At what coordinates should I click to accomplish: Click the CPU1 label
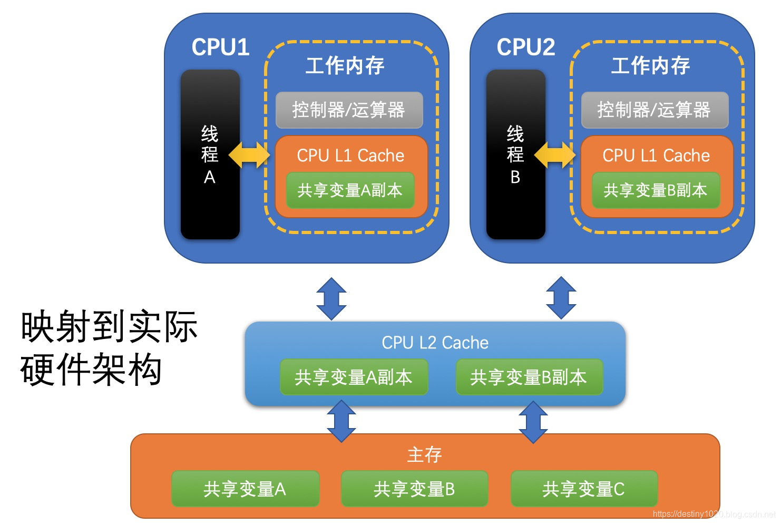click(220, 47)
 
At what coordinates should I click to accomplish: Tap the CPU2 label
click(525, 47)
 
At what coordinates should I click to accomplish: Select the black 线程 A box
click(210, 154)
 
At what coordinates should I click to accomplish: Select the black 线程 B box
click(515, 154)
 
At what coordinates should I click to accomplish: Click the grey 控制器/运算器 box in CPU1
click(349, 110)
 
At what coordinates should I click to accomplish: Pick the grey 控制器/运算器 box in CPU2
click(655, 110)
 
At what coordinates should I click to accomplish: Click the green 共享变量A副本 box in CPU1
click(350, 190)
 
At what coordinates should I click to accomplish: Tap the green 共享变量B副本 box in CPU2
click(656, 190)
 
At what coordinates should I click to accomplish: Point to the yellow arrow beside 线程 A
click(249, 154)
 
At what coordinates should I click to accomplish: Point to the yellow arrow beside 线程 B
click(555, 154)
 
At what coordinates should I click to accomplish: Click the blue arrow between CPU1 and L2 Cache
click(331, 298)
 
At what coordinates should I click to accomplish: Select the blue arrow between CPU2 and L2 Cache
click(561, 298)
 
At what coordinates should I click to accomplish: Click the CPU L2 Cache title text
click(435, 343)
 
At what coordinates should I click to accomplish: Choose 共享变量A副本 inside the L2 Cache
click(354, 377)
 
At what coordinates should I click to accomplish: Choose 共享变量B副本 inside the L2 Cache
click(529, 377)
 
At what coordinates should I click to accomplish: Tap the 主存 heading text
click(424, 454)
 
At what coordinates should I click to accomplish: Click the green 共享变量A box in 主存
click(245, 489)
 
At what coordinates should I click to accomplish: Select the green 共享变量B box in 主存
click(414, 489)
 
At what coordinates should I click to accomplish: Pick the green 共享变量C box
click(584, 489)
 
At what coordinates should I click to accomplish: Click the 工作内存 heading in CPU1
click(345, 65)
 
